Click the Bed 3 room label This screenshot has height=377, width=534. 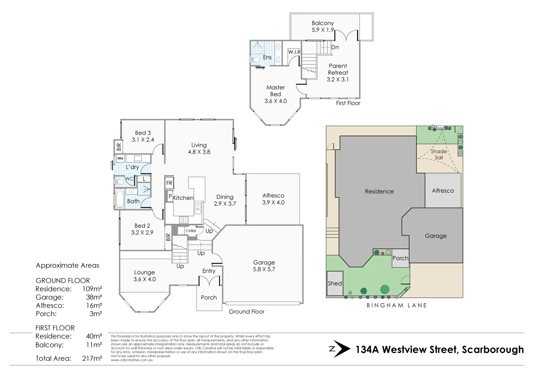(143, 133)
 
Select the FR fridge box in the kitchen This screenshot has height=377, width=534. (169, 183)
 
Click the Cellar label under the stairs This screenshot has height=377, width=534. (191, 231)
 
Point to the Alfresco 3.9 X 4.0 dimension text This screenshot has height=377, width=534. (273, 202)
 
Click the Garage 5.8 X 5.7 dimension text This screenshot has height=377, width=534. (264, 269)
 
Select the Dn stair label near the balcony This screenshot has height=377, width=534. (335, 47)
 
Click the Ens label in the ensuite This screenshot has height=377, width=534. (267, 57)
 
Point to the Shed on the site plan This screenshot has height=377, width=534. (335, 283)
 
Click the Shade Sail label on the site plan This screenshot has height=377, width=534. (439, 154)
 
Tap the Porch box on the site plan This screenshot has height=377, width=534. (400, 258)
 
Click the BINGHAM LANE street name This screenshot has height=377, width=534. (397, 306)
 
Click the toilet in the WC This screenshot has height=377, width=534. (119, 182)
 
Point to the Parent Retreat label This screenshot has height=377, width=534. (338, 69)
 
